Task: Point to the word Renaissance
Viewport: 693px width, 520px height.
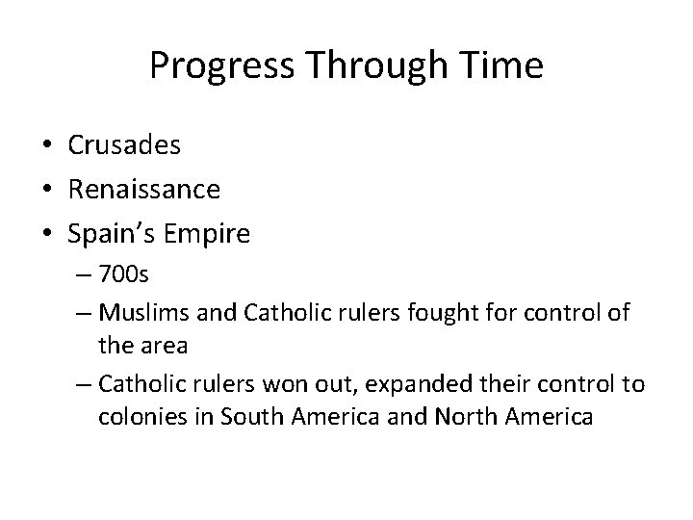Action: tap(144, 190)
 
